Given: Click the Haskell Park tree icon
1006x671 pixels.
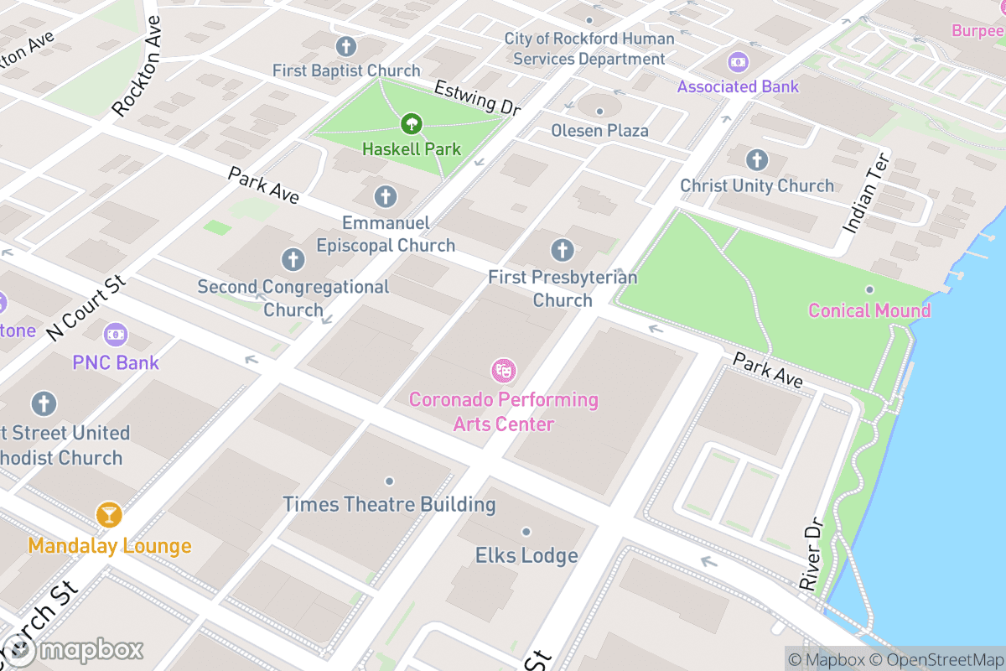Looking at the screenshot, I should click(411, 125).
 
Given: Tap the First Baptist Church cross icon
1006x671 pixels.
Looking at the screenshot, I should click(345, 46).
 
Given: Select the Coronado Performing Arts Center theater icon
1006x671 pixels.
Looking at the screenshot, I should click(503, 369).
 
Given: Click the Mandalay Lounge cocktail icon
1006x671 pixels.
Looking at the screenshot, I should click(109, 514).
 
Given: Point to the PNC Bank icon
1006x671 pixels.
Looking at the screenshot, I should click(116, 335).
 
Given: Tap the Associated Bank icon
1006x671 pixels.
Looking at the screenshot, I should click(738, 62).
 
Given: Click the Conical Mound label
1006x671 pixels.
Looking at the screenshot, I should click(869, 310).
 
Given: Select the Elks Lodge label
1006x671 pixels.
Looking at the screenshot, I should click(526, 555).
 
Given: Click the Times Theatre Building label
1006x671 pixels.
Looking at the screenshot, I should click(389, 504).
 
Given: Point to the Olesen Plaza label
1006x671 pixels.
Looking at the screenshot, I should click(599, 130).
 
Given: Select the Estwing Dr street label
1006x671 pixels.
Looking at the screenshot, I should click(477, 98).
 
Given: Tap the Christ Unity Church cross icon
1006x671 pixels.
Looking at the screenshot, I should click(757, 159).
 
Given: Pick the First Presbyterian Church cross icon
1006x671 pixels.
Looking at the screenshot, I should click(562, 249).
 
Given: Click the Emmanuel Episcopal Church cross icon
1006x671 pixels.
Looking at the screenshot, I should click(385, 197).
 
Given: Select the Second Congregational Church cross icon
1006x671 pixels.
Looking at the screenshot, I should click(293, 259).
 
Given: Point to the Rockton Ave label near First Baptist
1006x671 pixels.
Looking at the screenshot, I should click(137, 65).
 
